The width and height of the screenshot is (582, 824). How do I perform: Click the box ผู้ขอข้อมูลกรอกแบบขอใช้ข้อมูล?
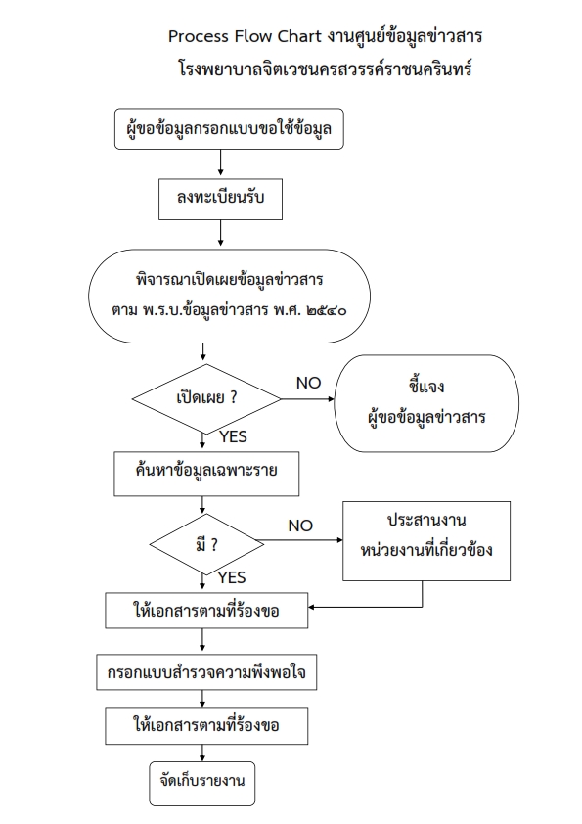[x=229, y=129]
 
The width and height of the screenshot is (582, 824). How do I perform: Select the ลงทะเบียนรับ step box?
[x=221, y=199]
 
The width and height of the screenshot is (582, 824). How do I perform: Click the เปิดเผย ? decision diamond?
[x=206, y=399]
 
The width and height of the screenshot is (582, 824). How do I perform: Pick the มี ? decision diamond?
[x=206, y=544]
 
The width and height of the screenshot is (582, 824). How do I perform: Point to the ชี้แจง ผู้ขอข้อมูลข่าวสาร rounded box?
[x=426, y=403]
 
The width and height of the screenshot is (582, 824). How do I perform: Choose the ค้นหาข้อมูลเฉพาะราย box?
[x=206, y=474]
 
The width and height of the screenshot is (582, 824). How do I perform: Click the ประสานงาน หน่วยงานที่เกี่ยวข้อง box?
[x=426, y=541]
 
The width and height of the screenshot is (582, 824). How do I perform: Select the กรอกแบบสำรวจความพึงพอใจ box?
[x=206, y=672]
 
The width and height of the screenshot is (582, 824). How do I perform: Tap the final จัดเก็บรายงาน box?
[x=202, y=784]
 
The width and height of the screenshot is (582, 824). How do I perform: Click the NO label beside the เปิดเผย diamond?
[x=308, y=383]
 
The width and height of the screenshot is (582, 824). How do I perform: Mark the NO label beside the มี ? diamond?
[x=300, y=526]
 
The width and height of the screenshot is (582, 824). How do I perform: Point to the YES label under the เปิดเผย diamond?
[x=233, y=436]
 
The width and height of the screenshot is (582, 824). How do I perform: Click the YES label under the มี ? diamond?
[x=232, y=577]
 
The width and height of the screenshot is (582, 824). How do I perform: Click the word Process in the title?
[x=199, y=36]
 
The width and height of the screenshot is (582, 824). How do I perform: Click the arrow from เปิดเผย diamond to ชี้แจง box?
[x=308, y=399]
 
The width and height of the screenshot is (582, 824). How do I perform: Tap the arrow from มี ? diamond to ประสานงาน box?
[x=303, y=540]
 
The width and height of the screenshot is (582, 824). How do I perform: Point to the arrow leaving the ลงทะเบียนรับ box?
[x=221, y=233]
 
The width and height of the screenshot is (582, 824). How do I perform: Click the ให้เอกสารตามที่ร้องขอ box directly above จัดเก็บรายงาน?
[x=206, y=726]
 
